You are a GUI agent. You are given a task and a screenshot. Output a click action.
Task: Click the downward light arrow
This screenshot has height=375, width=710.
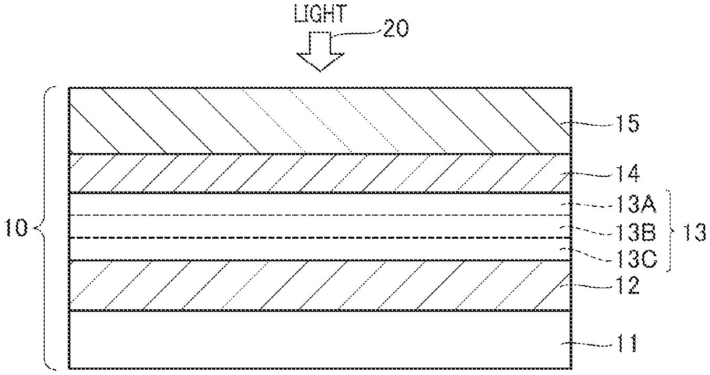pos(320,52)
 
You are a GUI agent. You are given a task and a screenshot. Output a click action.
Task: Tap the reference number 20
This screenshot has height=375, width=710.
pos(395,28)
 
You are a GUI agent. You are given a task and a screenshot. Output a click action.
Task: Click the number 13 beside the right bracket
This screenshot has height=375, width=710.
pos(694,232)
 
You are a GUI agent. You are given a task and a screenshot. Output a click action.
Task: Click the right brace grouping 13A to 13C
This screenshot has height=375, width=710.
pos(673,231)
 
